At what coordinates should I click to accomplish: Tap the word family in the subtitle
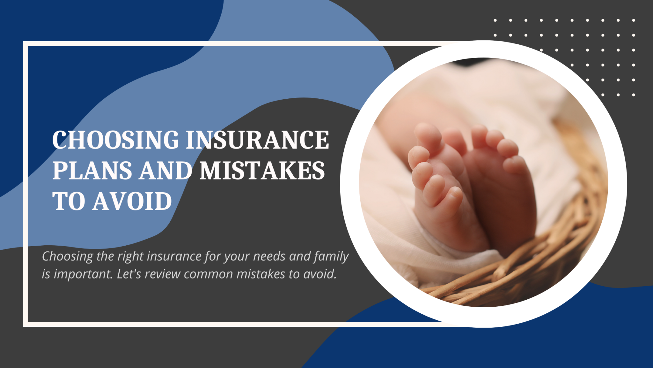pyautogui.click(x=331, y=257)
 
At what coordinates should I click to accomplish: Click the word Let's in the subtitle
pyautogui.click(x=129, y=274)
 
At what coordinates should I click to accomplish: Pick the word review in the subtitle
pyautogui.click(x=163, y=274)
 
